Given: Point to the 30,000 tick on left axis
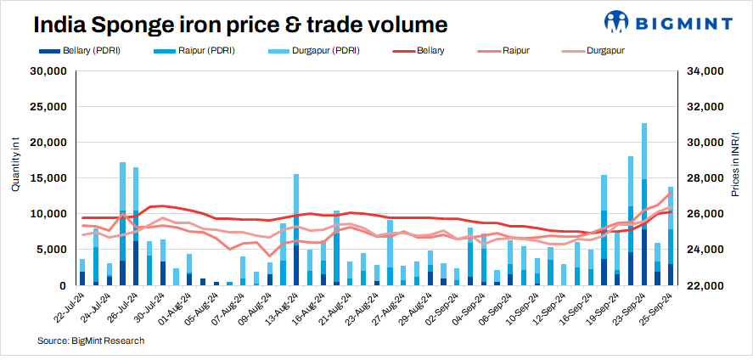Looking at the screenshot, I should (x=50, y=71).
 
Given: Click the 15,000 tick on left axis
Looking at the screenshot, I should (x=50, y=178).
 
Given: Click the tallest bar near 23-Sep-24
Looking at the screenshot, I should (x=644, y=204).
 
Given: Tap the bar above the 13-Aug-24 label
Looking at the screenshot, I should (x=296, y=229).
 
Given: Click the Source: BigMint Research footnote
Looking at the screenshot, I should (x=90, y=340).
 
